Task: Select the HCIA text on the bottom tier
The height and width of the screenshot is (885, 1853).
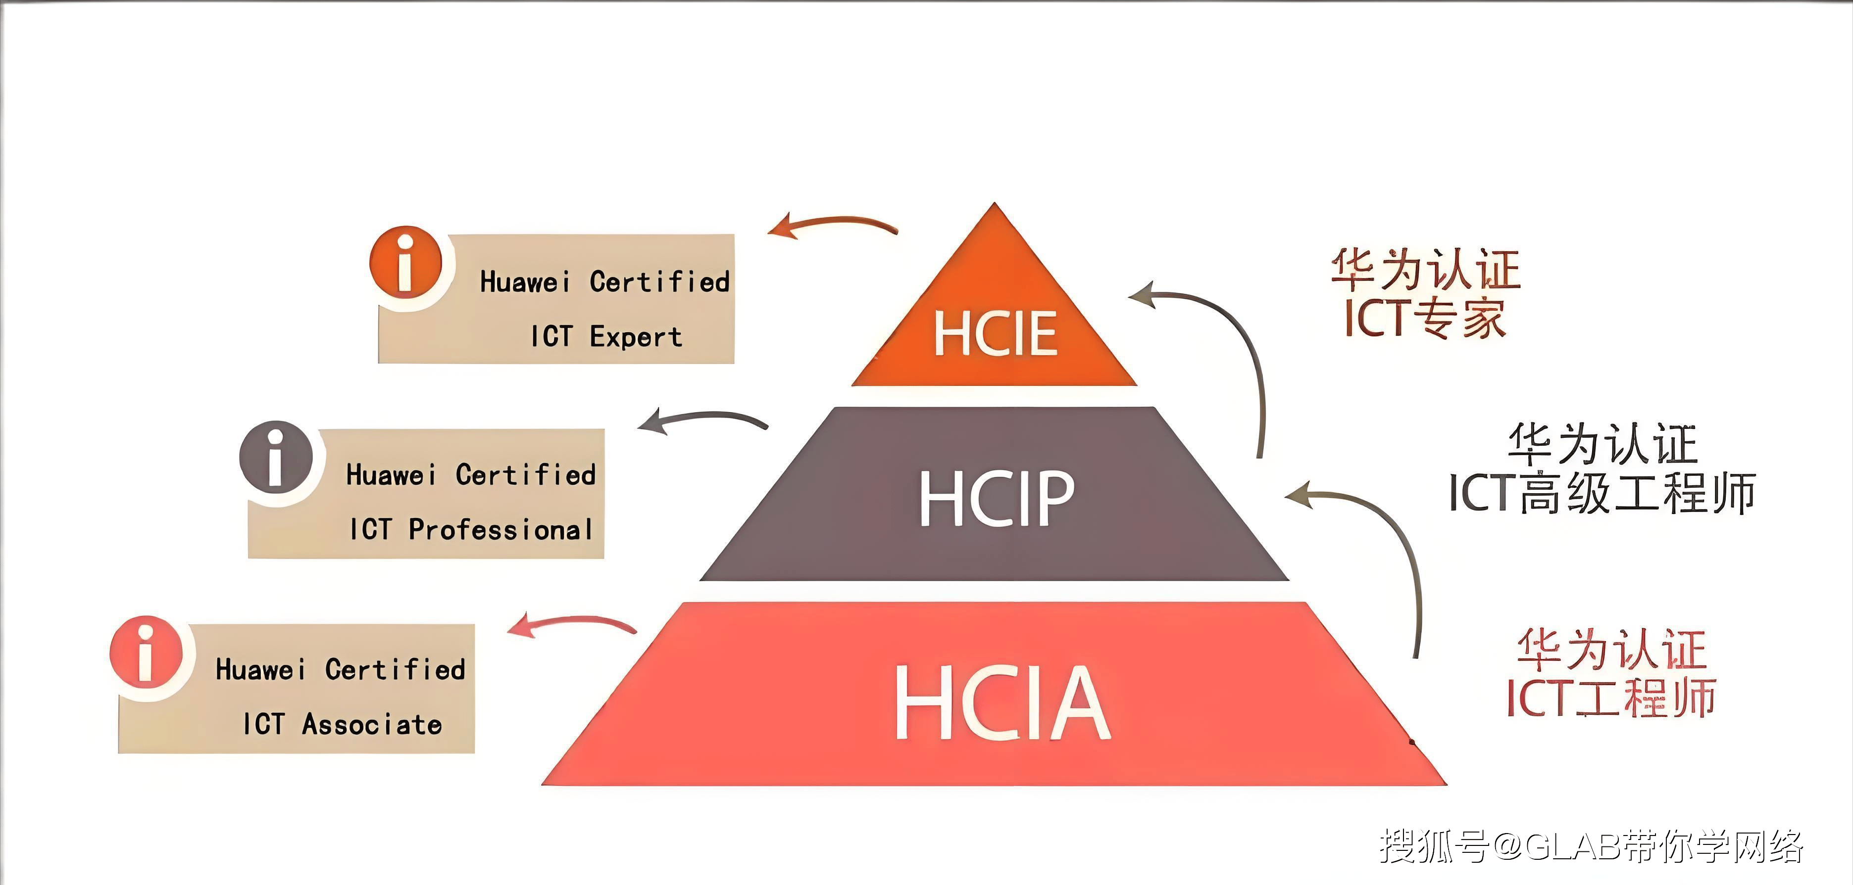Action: tap(1002, 702)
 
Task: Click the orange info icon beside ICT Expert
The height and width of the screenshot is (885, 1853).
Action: tap(406, 262)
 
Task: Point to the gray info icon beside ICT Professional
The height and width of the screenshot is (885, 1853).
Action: tap(276, 457)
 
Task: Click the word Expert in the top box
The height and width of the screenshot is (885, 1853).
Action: tap(636, 336)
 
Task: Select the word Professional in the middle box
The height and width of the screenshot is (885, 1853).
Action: tap(501, 530)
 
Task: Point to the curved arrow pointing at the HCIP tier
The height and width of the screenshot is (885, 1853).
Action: tap(1381, 547)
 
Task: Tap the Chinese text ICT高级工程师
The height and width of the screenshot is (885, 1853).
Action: tap(1602, 493)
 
